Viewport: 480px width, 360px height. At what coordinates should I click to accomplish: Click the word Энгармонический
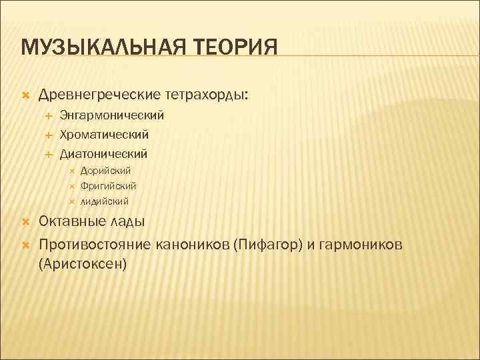(x=111, y=116)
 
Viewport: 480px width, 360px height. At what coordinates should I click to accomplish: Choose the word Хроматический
(x=104, y=135)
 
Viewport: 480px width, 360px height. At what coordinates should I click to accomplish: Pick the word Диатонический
(x=103, y=154)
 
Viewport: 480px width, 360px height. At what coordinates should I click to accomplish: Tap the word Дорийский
(x=105, y=171)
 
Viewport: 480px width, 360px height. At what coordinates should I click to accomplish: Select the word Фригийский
(x=108, y=186)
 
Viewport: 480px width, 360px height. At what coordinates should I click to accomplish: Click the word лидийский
(x=105, y=201)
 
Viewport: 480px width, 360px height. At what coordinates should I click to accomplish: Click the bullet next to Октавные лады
(x=26, y=221)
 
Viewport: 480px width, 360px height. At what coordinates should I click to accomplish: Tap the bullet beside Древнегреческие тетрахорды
(x=26, y=96)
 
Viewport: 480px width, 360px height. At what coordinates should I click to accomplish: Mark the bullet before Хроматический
(x=48, y=135)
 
